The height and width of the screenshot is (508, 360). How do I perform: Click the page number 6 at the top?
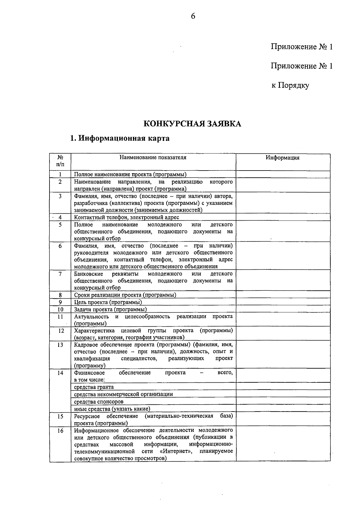pyautogui.click(x=193, y=16)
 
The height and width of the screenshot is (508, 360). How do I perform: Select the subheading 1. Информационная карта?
pyautogui.click(x=120, y=138)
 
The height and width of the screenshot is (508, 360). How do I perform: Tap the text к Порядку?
pyautogui.click(x=290, y=85)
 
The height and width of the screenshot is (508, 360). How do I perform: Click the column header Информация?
pyautogui.click(x=283, y=158)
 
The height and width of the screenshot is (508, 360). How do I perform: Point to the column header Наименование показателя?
pyautogui.click(x=153, y=158)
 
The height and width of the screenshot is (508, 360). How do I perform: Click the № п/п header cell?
pyautogui.click(x=60, y=161)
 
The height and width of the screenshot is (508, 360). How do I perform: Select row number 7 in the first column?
pyautogui.click(x=60, y=274)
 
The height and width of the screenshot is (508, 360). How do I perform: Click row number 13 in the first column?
pyautogui.click(x=60, y=345)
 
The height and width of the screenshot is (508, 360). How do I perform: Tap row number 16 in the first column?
pyautogui.click(x=60, y=431)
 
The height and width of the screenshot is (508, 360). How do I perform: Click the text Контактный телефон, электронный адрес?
pyautogui.click(x=127, y=217)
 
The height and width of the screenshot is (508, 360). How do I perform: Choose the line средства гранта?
pyautogui.click(x=94, y=387)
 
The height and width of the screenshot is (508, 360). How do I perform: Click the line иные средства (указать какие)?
pyautogui.click(x=112, y=409)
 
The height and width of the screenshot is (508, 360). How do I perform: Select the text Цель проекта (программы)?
pyautogui.click(x=108, y=302)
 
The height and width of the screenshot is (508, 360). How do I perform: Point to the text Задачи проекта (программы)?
pyautogui.click(x=110, y=309)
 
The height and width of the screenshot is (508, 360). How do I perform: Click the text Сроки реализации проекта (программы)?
pyautogui.click(x=125, y=295)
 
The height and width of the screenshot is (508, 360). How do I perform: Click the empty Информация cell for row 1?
pyautogui.click(x=283, y=174)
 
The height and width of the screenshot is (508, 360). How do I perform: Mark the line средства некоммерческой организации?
pyautogui.click(x=123, y=394)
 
